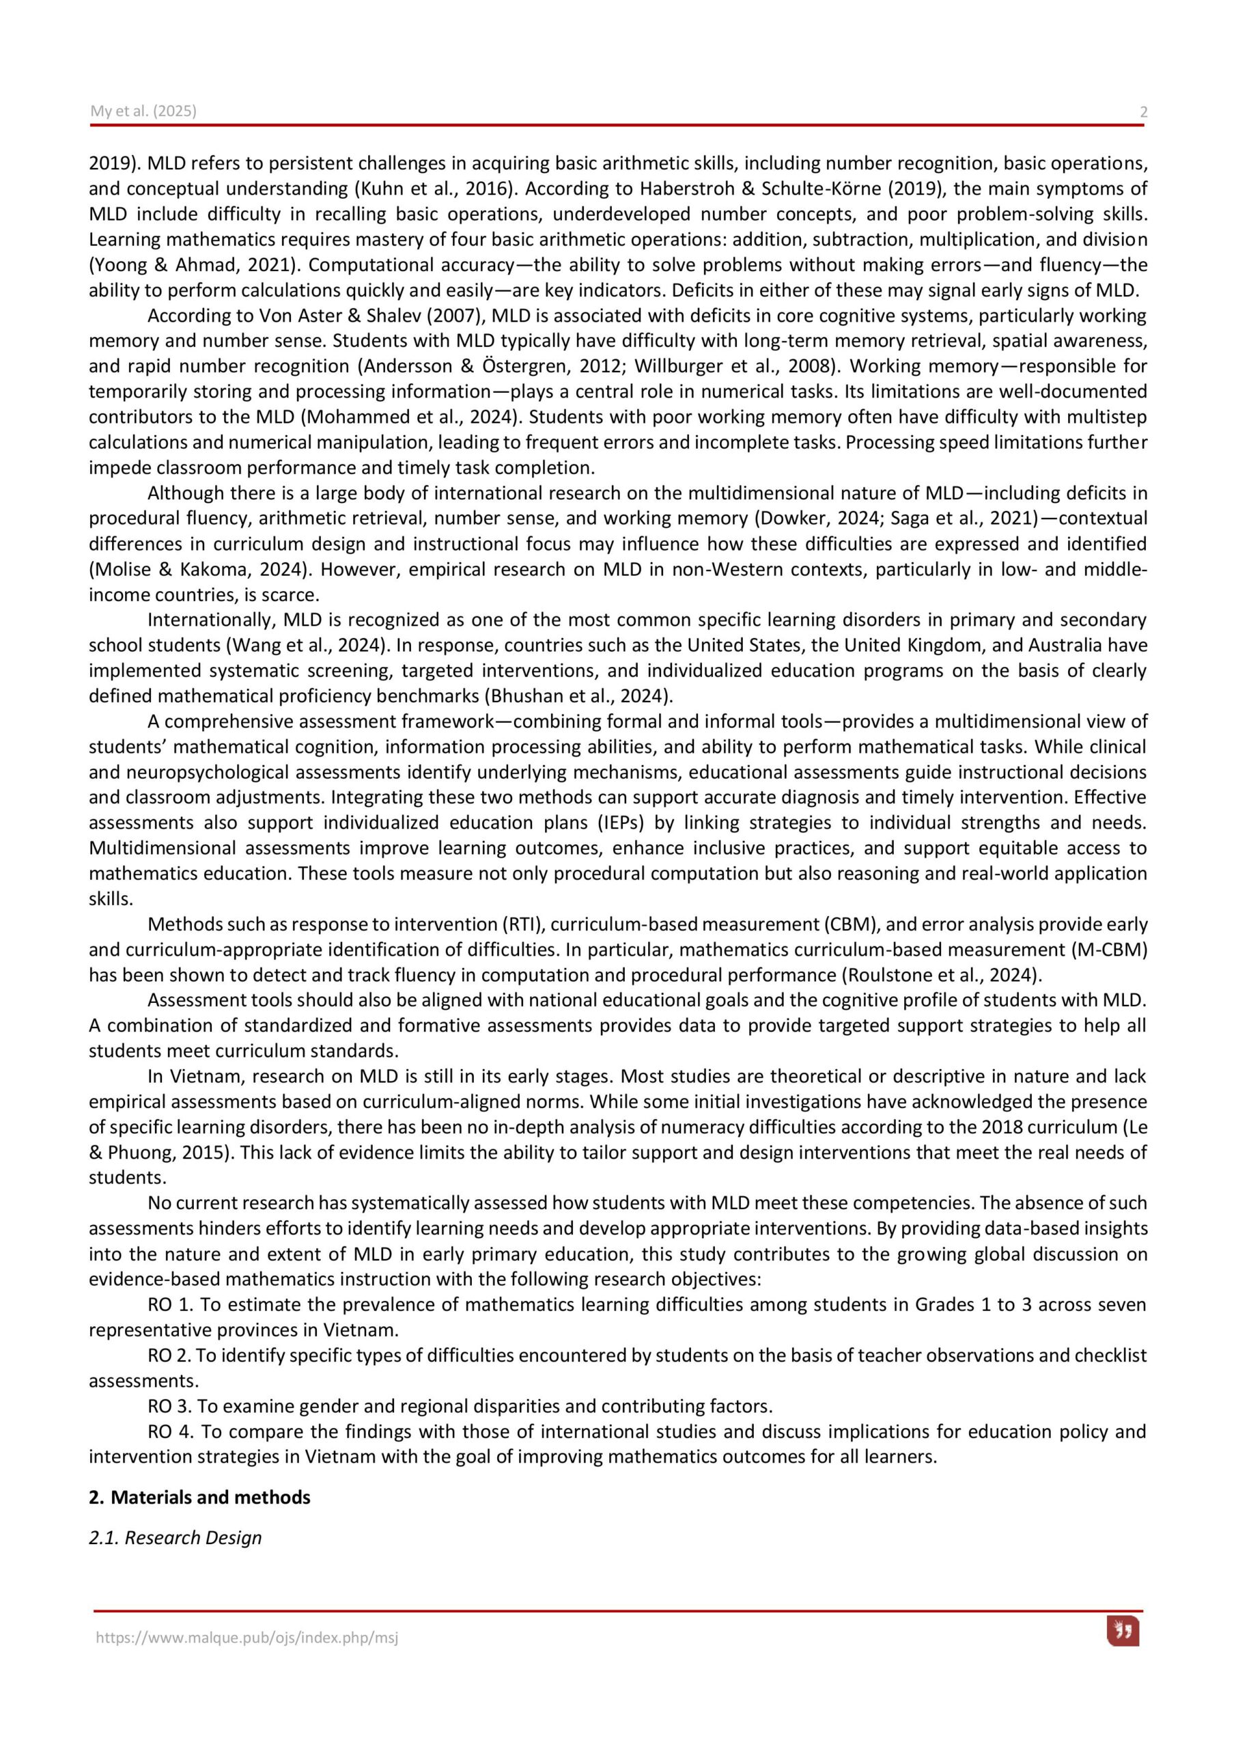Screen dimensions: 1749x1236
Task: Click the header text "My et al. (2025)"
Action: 143,111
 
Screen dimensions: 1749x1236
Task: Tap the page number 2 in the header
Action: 1143,113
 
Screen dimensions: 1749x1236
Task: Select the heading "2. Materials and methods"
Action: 199,1498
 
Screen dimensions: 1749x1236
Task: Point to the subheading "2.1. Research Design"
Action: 175,1538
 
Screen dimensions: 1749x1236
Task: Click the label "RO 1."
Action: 171,1305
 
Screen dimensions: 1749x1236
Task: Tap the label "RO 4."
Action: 171,1431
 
